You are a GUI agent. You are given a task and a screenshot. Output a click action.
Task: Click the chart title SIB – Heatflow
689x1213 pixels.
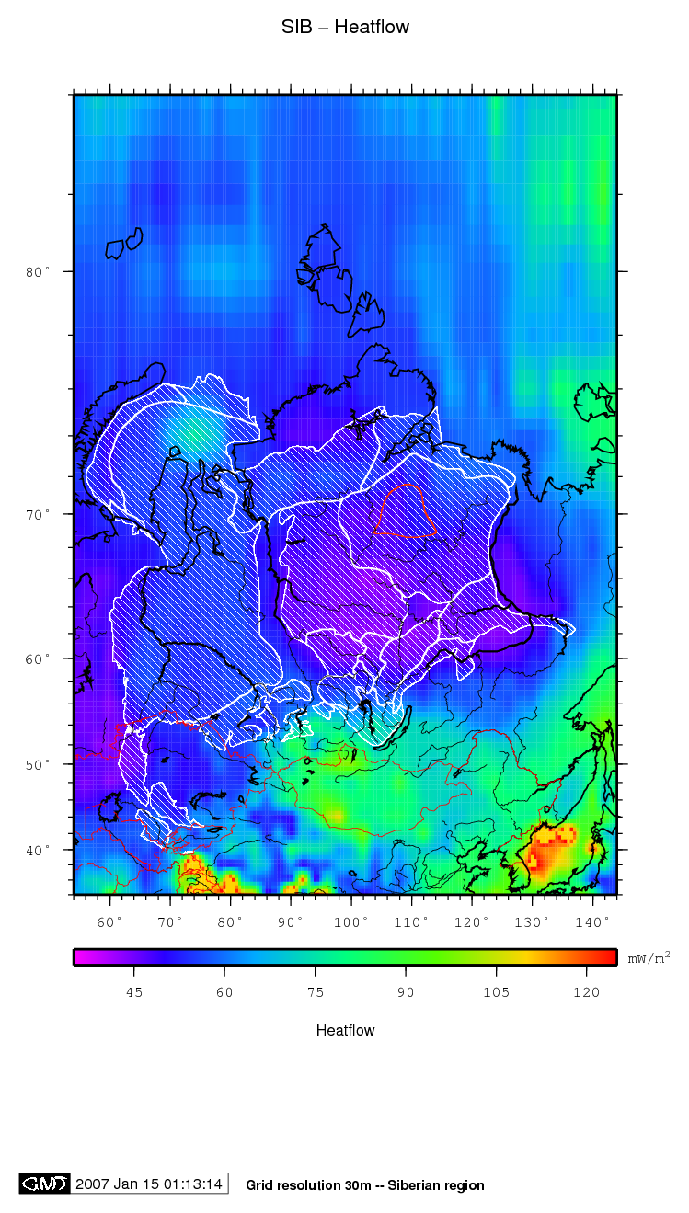pos(345,28)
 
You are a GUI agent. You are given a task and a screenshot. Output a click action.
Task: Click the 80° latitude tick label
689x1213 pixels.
pos(37,272)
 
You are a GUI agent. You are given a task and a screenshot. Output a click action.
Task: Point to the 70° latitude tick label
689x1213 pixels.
pos(37,515)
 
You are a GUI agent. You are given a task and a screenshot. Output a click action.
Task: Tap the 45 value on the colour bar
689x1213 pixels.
pos(134,992)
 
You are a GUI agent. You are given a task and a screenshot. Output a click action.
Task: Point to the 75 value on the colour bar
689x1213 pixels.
pos(315,992)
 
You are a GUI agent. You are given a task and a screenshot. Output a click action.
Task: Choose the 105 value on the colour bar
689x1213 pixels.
pos(496,992)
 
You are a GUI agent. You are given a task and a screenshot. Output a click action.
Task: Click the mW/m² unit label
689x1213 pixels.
pos(649,958)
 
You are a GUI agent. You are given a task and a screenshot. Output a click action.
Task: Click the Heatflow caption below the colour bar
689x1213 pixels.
pos(345,1030)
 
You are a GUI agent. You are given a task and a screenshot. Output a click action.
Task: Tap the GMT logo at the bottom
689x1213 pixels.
pos(44,1184)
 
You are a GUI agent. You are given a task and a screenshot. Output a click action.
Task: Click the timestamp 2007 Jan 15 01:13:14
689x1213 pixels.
pos(149,1184)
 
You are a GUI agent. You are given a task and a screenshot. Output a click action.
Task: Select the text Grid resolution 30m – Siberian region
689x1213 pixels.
pos(365,1185)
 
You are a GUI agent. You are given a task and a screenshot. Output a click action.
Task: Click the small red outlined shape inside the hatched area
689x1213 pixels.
pos(405,512)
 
